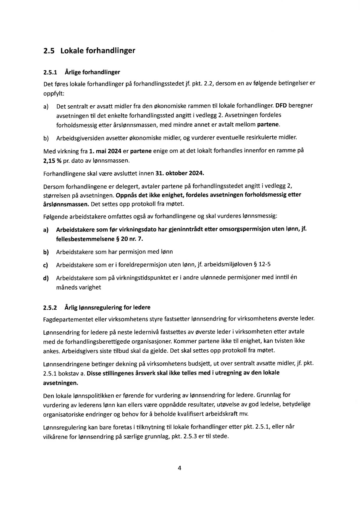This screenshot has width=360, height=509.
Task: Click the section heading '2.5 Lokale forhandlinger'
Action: pos(89,50)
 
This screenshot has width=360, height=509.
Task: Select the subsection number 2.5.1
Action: pos(50,72)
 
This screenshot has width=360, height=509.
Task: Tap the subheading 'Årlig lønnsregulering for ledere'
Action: pos(107,308)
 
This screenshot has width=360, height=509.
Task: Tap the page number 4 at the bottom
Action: pos(179,468)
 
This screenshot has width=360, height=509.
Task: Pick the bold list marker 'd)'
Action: pos(46,278)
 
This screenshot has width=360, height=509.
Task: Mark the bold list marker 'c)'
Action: pos(46,265)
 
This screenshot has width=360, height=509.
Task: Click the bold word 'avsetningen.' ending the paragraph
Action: pos(61,383)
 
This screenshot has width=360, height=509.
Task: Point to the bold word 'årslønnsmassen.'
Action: pos(66,204)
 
